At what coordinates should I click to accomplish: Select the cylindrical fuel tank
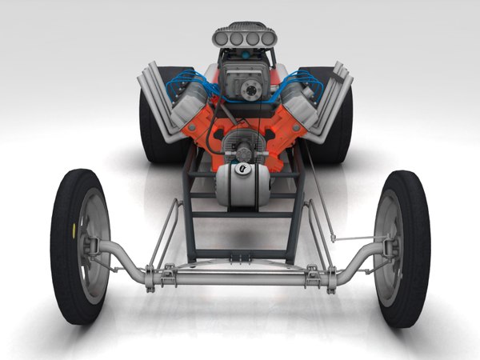coord(240,184)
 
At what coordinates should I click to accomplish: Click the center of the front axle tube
coord(240,277)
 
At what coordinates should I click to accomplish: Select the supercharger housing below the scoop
coord(241,80)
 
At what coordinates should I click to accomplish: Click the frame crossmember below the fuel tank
coord(240,214)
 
